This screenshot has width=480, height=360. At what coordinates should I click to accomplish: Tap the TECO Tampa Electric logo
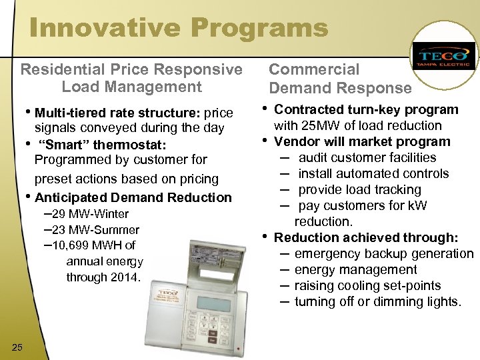(x=443, y=57)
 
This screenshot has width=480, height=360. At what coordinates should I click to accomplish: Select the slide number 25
(x=17, y=345)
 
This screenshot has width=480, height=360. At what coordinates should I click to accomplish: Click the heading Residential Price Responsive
(x=131, y=69)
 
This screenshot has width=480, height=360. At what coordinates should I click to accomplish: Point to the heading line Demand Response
(x=340, y=88)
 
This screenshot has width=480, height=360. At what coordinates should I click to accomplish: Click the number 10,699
(x=81, y=245)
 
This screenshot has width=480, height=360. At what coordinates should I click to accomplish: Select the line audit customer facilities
(x=367, y=157)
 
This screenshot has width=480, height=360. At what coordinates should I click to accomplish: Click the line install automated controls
(x=373, y=173)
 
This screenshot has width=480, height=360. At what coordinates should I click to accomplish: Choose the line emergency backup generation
(x=383, y=253)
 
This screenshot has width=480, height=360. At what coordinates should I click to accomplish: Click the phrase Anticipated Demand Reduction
(x=133, y=197)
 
